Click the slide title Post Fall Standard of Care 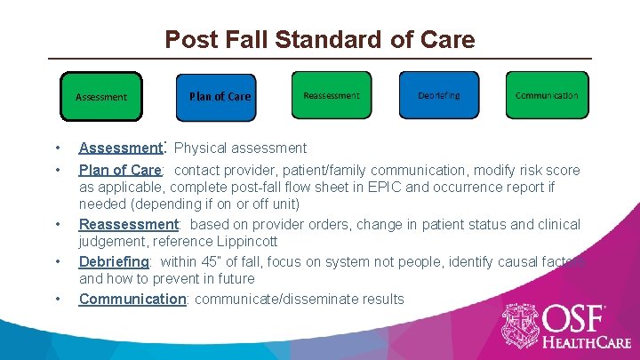click(x=320, y=40)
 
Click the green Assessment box click(x=100, y=96)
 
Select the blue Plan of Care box click(x=220, y=96)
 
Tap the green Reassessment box click(x=332, y=95)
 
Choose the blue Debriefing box click(x=438, y=95)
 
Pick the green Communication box click(x=547, y=95)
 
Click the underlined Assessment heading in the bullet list click(x=119, y=148)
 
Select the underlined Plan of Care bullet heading click(x=119, y=170)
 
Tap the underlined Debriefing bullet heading click(x=114, y=261)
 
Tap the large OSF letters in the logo click(x=575, y=318)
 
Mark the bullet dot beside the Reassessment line click(x=57, y=225)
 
